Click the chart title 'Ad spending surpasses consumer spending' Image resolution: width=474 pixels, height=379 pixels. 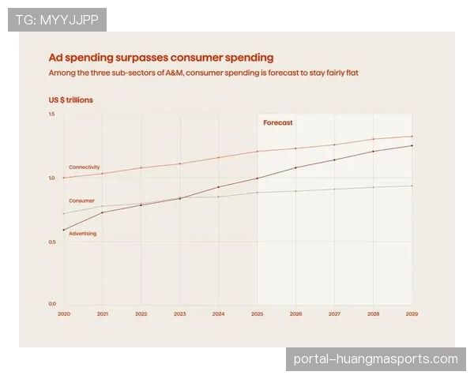(161, 58)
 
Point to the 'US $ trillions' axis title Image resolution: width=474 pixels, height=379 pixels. (70, 99)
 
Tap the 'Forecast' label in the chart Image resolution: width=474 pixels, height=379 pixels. (277, 122)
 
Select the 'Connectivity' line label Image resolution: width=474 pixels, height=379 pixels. (85, 167)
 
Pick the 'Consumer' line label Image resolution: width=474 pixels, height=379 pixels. (82, 201)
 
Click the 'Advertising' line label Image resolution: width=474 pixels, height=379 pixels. (83, 234)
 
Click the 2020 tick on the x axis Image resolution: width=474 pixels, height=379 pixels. (63, 313)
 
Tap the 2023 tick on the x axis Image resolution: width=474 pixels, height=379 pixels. (179, 313)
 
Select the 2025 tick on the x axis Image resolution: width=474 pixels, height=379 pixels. (257, 313)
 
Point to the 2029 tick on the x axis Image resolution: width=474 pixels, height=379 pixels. (412, 313)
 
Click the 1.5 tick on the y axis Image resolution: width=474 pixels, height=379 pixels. (51, 115)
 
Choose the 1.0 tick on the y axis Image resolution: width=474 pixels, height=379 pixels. (51, 178)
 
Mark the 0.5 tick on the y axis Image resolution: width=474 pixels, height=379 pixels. (51, 242)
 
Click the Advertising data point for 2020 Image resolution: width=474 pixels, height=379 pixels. (63, 230)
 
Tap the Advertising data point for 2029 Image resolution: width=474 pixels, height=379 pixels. (412, 145)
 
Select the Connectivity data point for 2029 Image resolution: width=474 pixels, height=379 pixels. (412, 136)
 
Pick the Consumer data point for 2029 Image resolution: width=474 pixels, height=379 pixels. (412, 186)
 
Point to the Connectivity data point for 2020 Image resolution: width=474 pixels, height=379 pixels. (63, 178)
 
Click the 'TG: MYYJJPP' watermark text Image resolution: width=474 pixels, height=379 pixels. (57, 20)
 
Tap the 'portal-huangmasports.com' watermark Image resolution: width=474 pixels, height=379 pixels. (375, 359)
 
